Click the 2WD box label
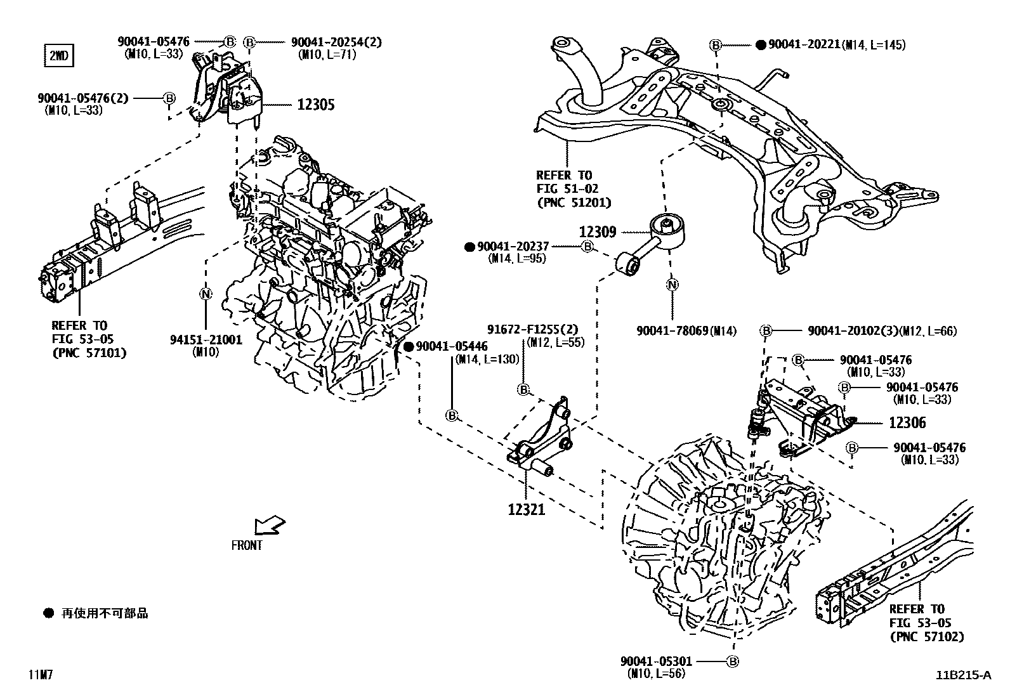tap(58, 56)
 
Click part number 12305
tap(315, 105)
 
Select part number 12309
tap(597, 233)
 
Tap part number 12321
tap(526, 508)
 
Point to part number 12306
tap(907, 422)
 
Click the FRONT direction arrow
tap(269, 526)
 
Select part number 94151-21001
tap(206, 339)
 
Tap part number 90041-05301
tap(656, 661)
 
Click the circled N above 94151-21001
tap(206, 294)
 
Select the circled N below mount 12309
tap(672, 285)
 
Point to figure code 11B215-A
tap(962, 675)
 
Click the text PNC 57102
tap(926, 637)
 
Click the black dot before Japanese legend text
tap(49, 613)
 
